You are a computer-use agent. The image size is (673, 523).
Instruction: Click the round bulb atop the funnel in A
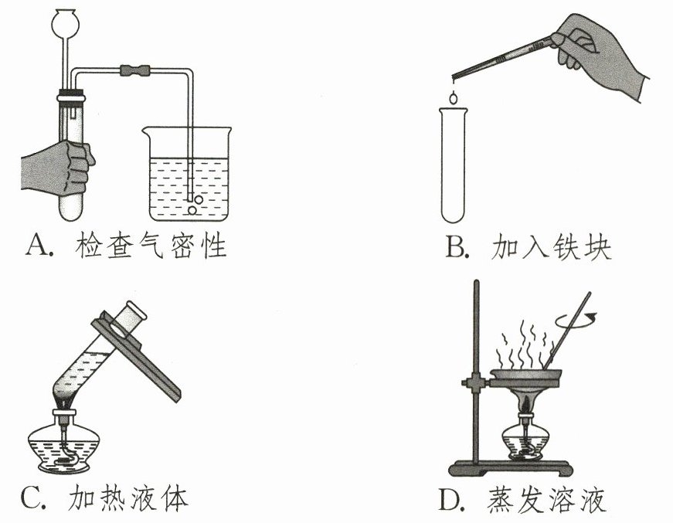coord(64,21)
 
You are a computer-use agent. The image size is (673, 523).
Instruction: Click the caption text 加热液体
coord(128,498)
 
